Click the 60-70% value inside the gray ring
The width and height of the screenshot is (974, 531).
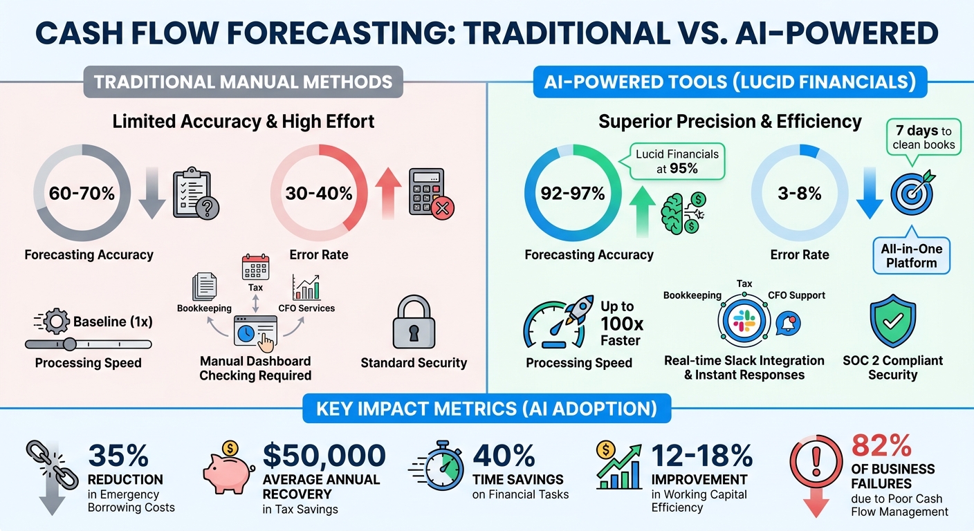(82, 194)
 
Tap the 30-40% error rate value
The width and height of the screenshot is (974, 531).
(319, 194)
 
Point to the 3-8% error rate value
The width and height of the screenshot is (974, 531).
(799, 194)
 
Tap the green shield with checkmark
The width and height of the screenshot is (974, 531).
(892, 322)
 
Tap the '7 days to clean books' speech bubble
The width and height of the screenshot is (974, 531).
(923, 137)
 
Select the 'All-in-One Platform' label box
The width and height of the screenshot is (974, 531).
(911, 256)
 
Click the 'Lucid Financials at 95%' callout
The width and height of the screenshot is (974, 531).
(677, 160)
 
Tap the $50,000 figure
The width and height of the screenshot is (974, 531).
(324, 456)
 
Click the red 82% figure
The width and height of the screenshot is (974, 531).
(881, 447)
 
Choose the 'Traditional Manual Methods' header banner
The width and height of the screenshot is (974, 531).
(243, 82)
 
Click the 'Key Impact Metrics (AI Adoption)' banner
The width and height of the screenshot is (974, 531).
(486, 408)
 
